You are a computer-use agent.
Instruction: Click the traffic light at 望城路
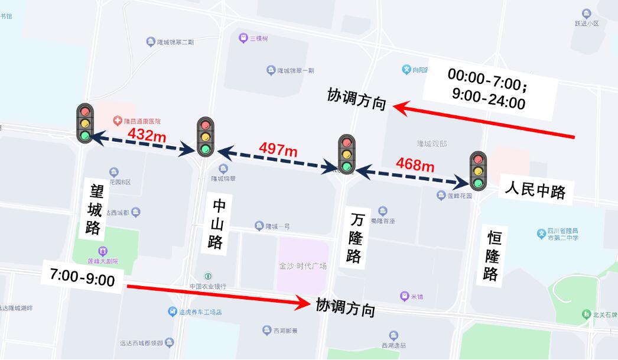click(x=84, y=122)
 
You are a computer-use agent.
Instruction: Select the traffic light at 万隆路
click(x=346, y=154)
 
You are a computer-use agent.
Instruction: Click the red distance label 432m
click(x=147, y=135)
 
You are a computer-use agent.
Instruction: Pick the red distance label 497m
click(x=278, y=150)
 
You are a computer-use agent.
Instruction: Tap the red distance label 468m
click(x=415, y=164)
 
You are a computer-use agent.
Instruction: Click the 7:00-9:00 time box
click(x=83, y=278)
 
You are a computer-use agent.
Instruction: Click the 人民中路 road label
click(x=535, y=190)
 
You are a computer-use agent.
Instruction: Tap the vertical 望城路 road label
click(x=95, y=210)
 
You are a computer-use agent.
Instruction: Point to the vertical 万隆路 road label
click(x=355, y=238)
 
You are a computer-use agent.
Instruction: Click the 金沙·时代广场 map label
click(x=303, y=266)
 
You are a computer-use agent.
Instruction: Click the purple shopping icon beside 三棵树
click(x=243, y=38)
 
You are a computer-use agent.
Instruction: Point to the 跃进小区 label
click(x=587, y=24)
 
